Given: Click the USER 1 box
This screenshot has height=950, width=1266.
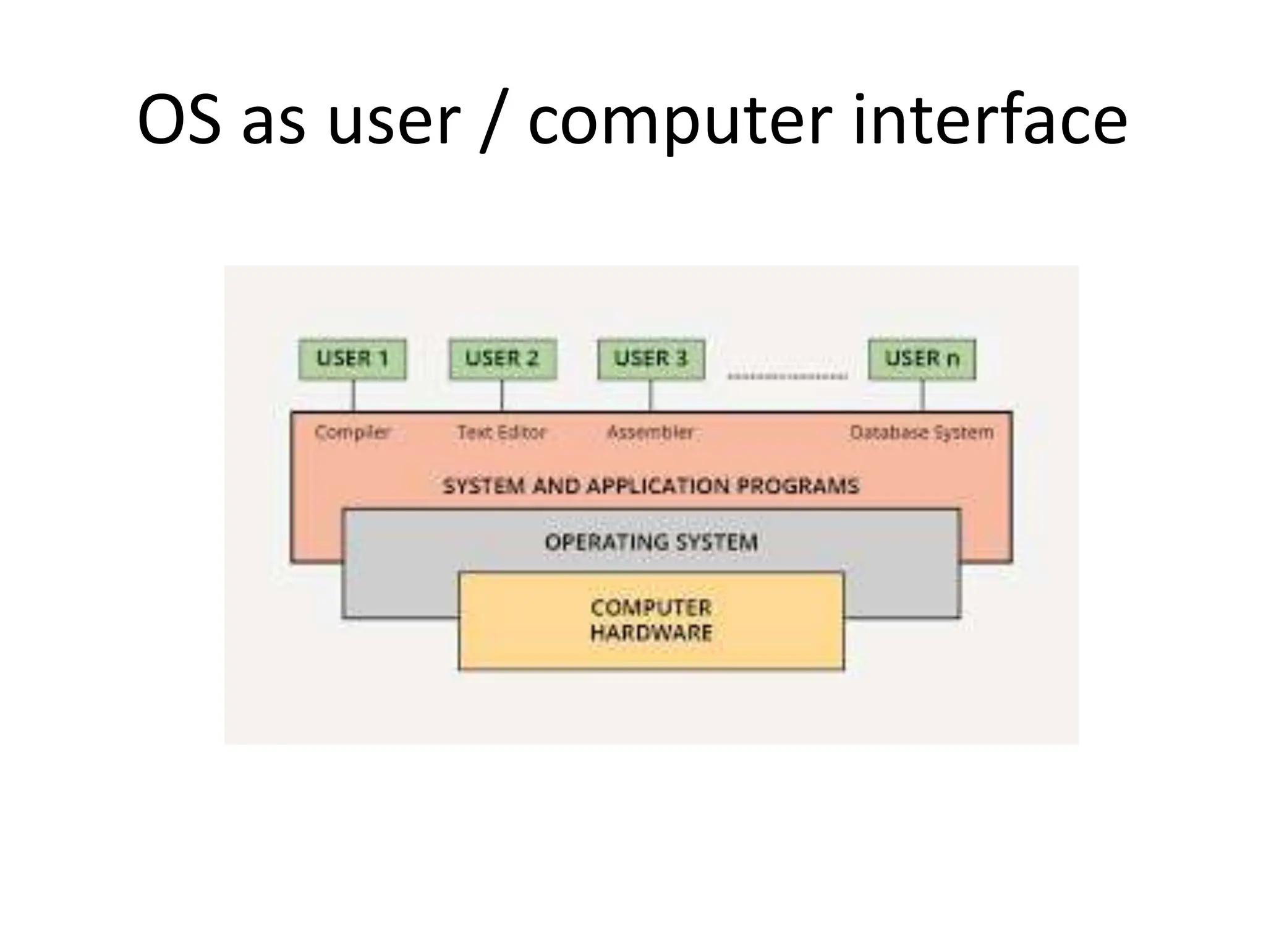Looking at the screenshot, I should (352, 359).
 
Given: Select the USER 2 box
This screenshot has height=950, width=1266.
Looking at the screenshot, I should (502, 359).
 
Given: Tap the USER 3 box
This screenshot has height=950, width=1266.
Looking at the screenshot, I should (651, 359).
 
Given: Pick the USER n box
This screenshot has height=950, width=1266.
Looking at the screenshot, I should (922, 359).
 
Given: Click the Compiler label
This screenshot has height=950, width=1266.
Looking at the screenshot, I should (352, 432).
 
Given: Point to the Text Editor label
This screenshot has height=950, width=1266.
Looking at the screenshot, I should (502, 432).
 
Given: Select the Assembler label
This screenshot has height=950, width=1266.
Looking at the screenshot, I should (650, 432).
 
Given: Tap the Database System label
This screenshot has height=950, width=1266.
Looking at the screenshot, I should (922, 432).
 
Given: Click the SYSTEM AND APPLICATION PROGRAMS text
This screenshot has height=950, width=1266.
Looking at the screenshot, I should (651, 486).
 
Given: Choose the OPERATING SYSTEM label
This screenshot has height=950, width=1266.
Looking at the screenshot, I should (651, 542).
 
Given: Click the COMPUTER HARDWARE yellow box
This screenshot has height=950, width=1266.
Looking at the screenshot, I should (651, 620).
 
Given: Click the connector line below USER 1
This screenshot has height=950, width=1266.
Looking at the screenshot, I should (354, 395).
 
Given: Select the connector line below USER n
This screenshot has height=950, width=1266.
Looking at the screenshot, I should (923, 395).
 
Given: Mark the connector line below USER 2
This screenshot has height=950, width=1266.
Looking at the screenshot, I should (502, 395).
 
